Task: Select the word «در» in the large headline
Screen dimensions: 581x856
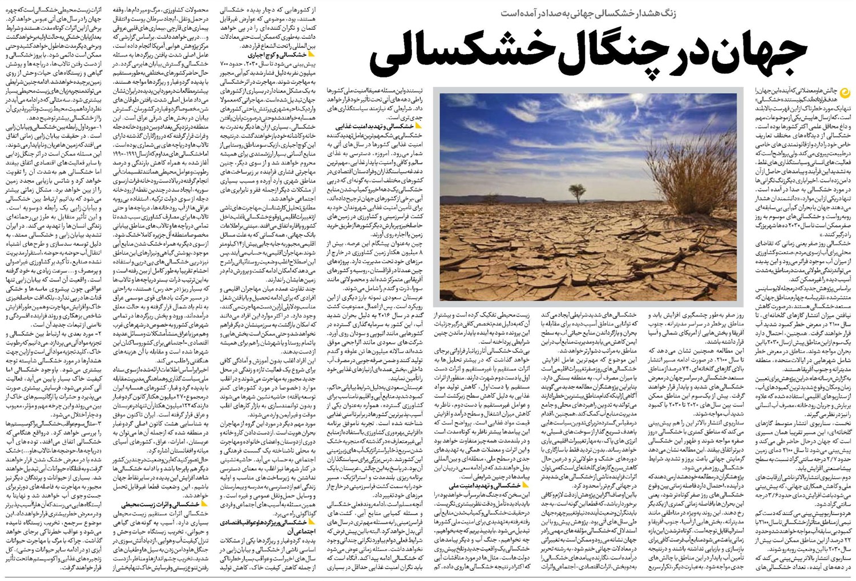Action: (691, 51)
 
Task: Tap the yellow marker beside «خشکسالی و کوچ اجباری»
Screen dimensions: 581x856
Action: (311, 55)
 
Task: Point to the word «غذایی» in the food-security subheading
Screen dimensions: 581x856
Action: (345, 126)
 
